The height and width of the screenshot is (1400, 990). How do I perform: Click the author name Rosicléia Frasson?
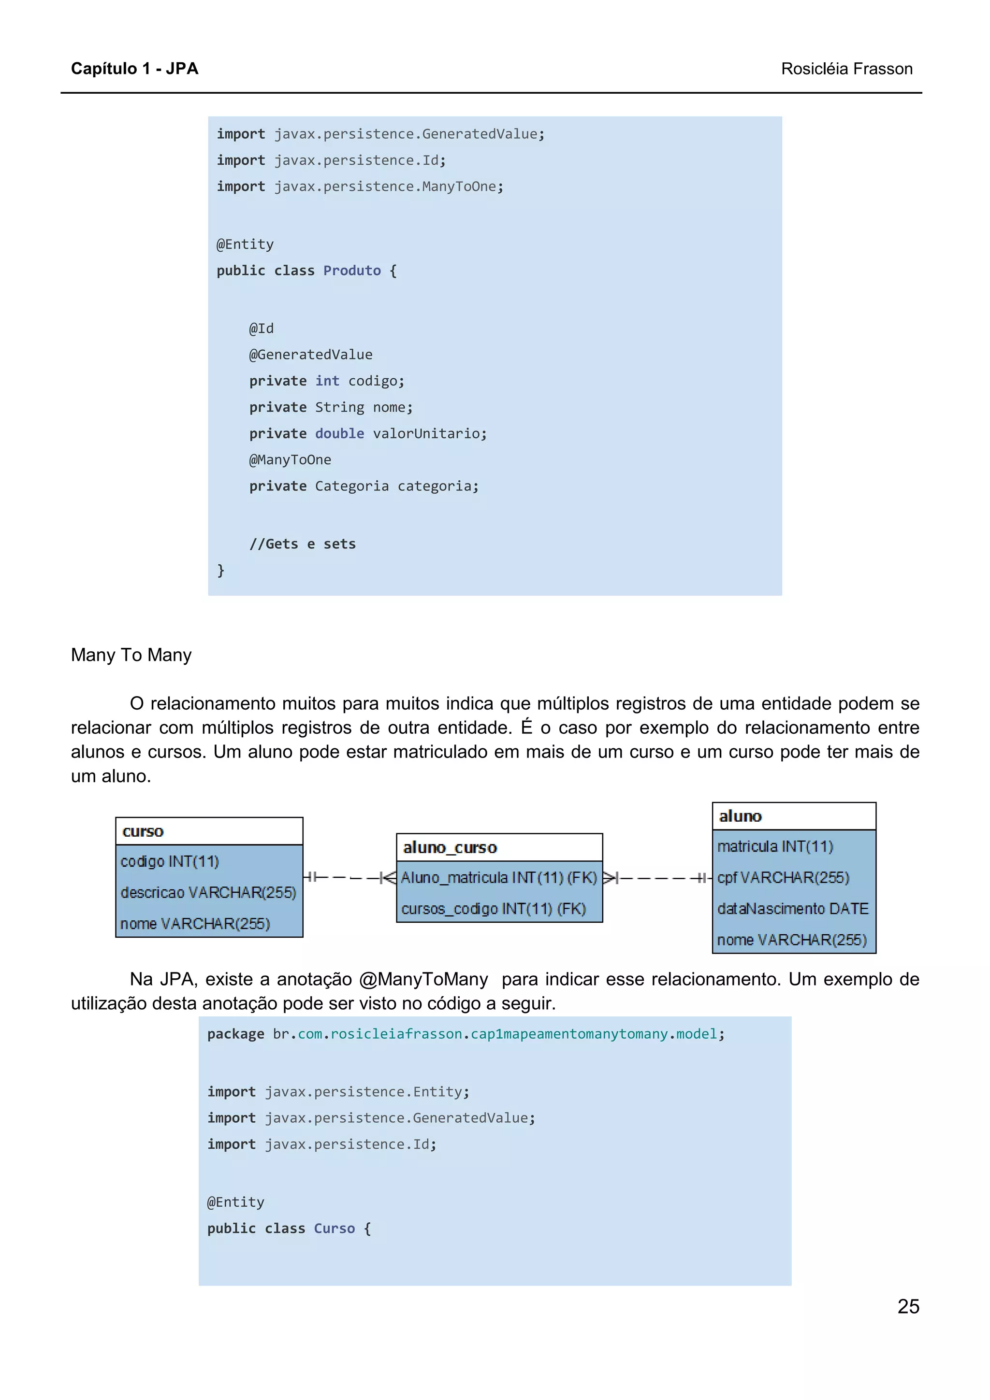(846, 69)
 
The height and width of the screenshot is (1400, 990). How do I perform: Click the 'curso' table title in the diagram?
(143, 831)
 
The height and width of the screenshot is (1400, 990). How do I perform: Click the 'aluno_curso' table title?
(450, 847)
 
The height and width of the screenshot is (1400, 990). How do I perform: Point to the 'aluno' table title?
(740, 816)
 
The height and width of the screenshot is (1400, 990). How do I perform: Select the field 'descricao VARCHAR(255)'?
(208, 892)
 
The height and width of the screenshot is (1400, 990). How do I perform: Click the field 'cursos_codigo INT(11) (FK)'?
(493, 909)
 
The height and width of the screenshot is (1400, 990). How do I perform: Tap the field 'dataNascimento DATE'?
(792, 909)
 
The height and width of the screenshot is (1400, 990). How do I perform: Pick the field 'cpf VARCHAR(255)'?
(783, 877)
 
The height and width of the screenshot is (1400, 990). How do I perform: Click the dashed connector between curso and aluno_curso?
(349, 877)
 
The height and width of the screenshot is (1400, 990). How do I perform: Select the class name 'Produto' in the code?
(351, 270)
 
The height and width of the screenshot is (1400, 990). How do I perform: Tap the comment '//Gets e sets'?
(302, 544)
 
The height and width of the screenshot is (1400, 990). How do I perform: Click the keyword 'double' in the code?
(339, 433)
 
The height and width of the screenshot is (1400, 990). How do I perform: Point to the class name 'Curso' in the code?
(334, 1228)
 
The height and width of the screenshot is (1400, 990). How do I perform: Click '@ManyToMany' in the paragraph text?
(423, 979)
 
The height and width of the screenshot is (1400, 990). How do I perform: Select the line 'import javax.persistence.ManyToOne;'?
(360, 186)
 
